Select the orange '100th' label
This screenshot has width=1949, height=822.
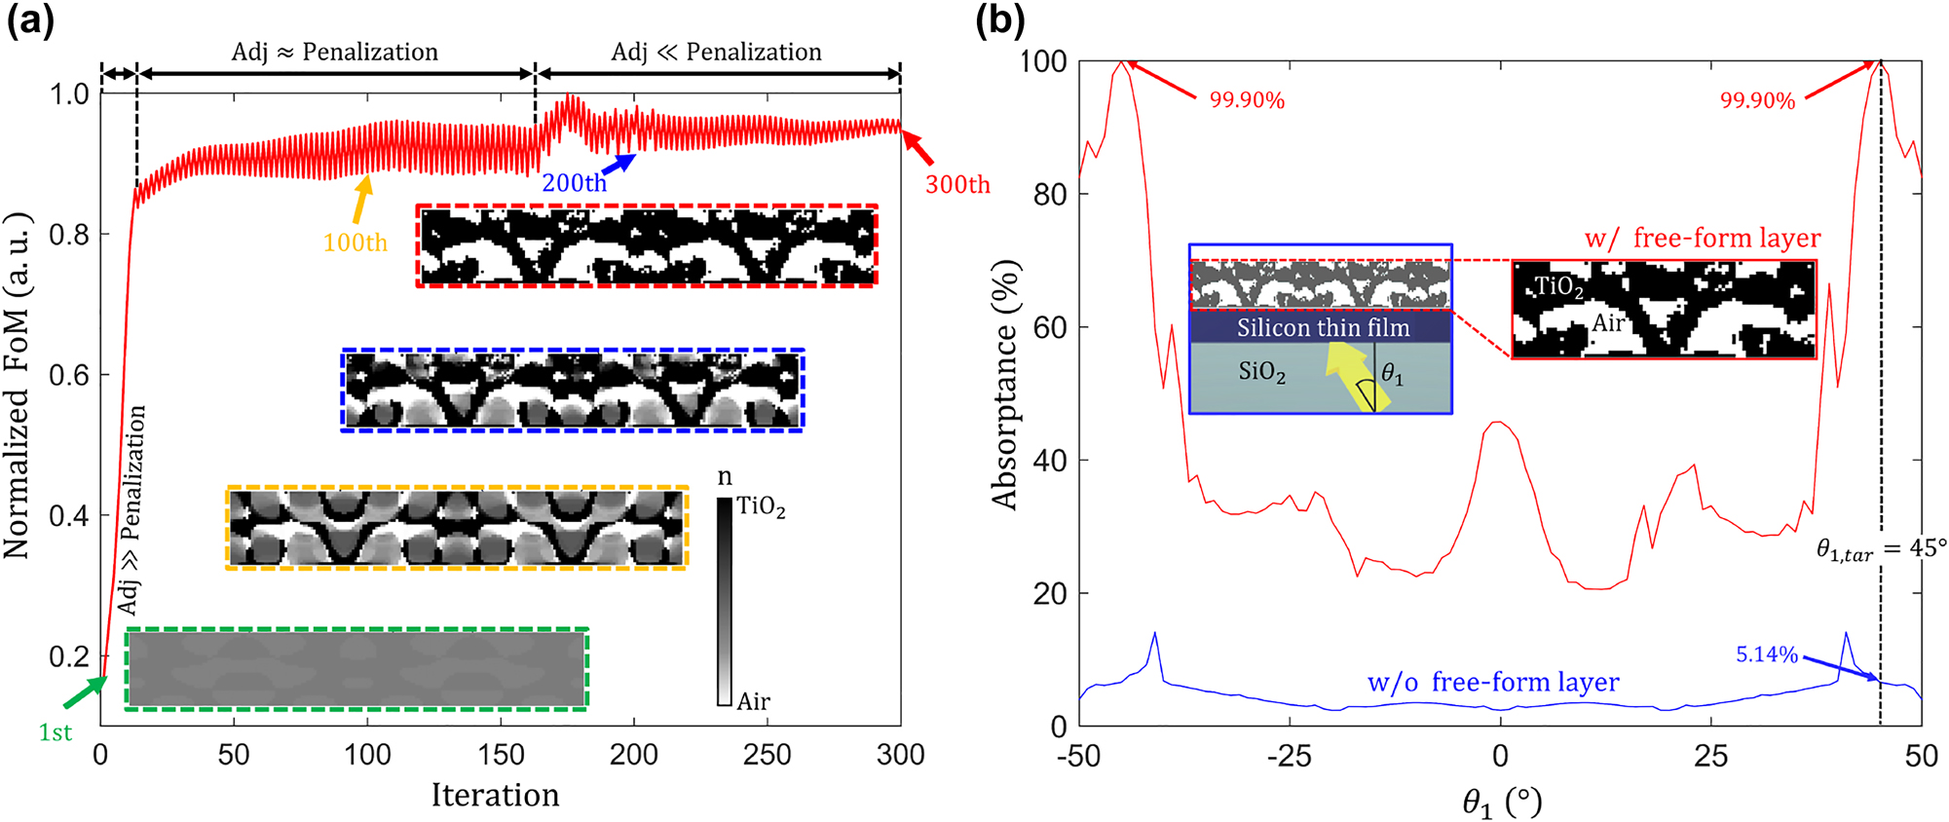(x=355, y=243)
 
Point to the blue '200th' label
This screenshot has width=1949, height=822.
(x=574, y=183)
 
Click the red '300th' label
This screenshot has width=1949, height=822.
(x=956, y=184)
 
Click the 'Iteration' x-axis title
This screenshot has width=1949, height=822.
(x=495, y=796)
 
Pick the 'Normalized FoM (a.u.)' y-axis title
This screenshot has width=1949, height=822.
(x=18, y=386)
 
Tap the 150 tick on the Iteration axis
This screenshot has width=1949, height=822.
(x=501, y=755)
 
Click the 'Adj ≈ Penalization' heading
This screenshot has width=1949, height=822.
(x=335, y=52)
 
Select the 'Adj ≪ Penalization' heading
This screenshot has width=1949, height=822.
(x=717, y=52)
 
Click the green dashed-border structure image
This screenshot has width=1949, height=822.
(x=356, y=669)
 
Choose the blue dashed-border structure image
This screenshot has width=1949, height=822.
(x=573, y=390)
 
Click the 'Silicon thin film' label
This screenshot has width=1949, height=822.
(x=1323, y=327)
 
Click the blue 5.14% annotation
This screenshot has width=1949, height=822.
(x=1766, y=654)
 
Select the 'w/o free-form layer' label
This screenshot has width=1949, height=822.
(x=1493, y=683)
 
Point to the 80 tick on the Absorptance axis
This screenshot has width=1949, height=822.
(x=1049, y=195)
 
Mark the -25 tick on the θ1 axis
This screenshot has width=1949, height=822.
(x=1289, y=756)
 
